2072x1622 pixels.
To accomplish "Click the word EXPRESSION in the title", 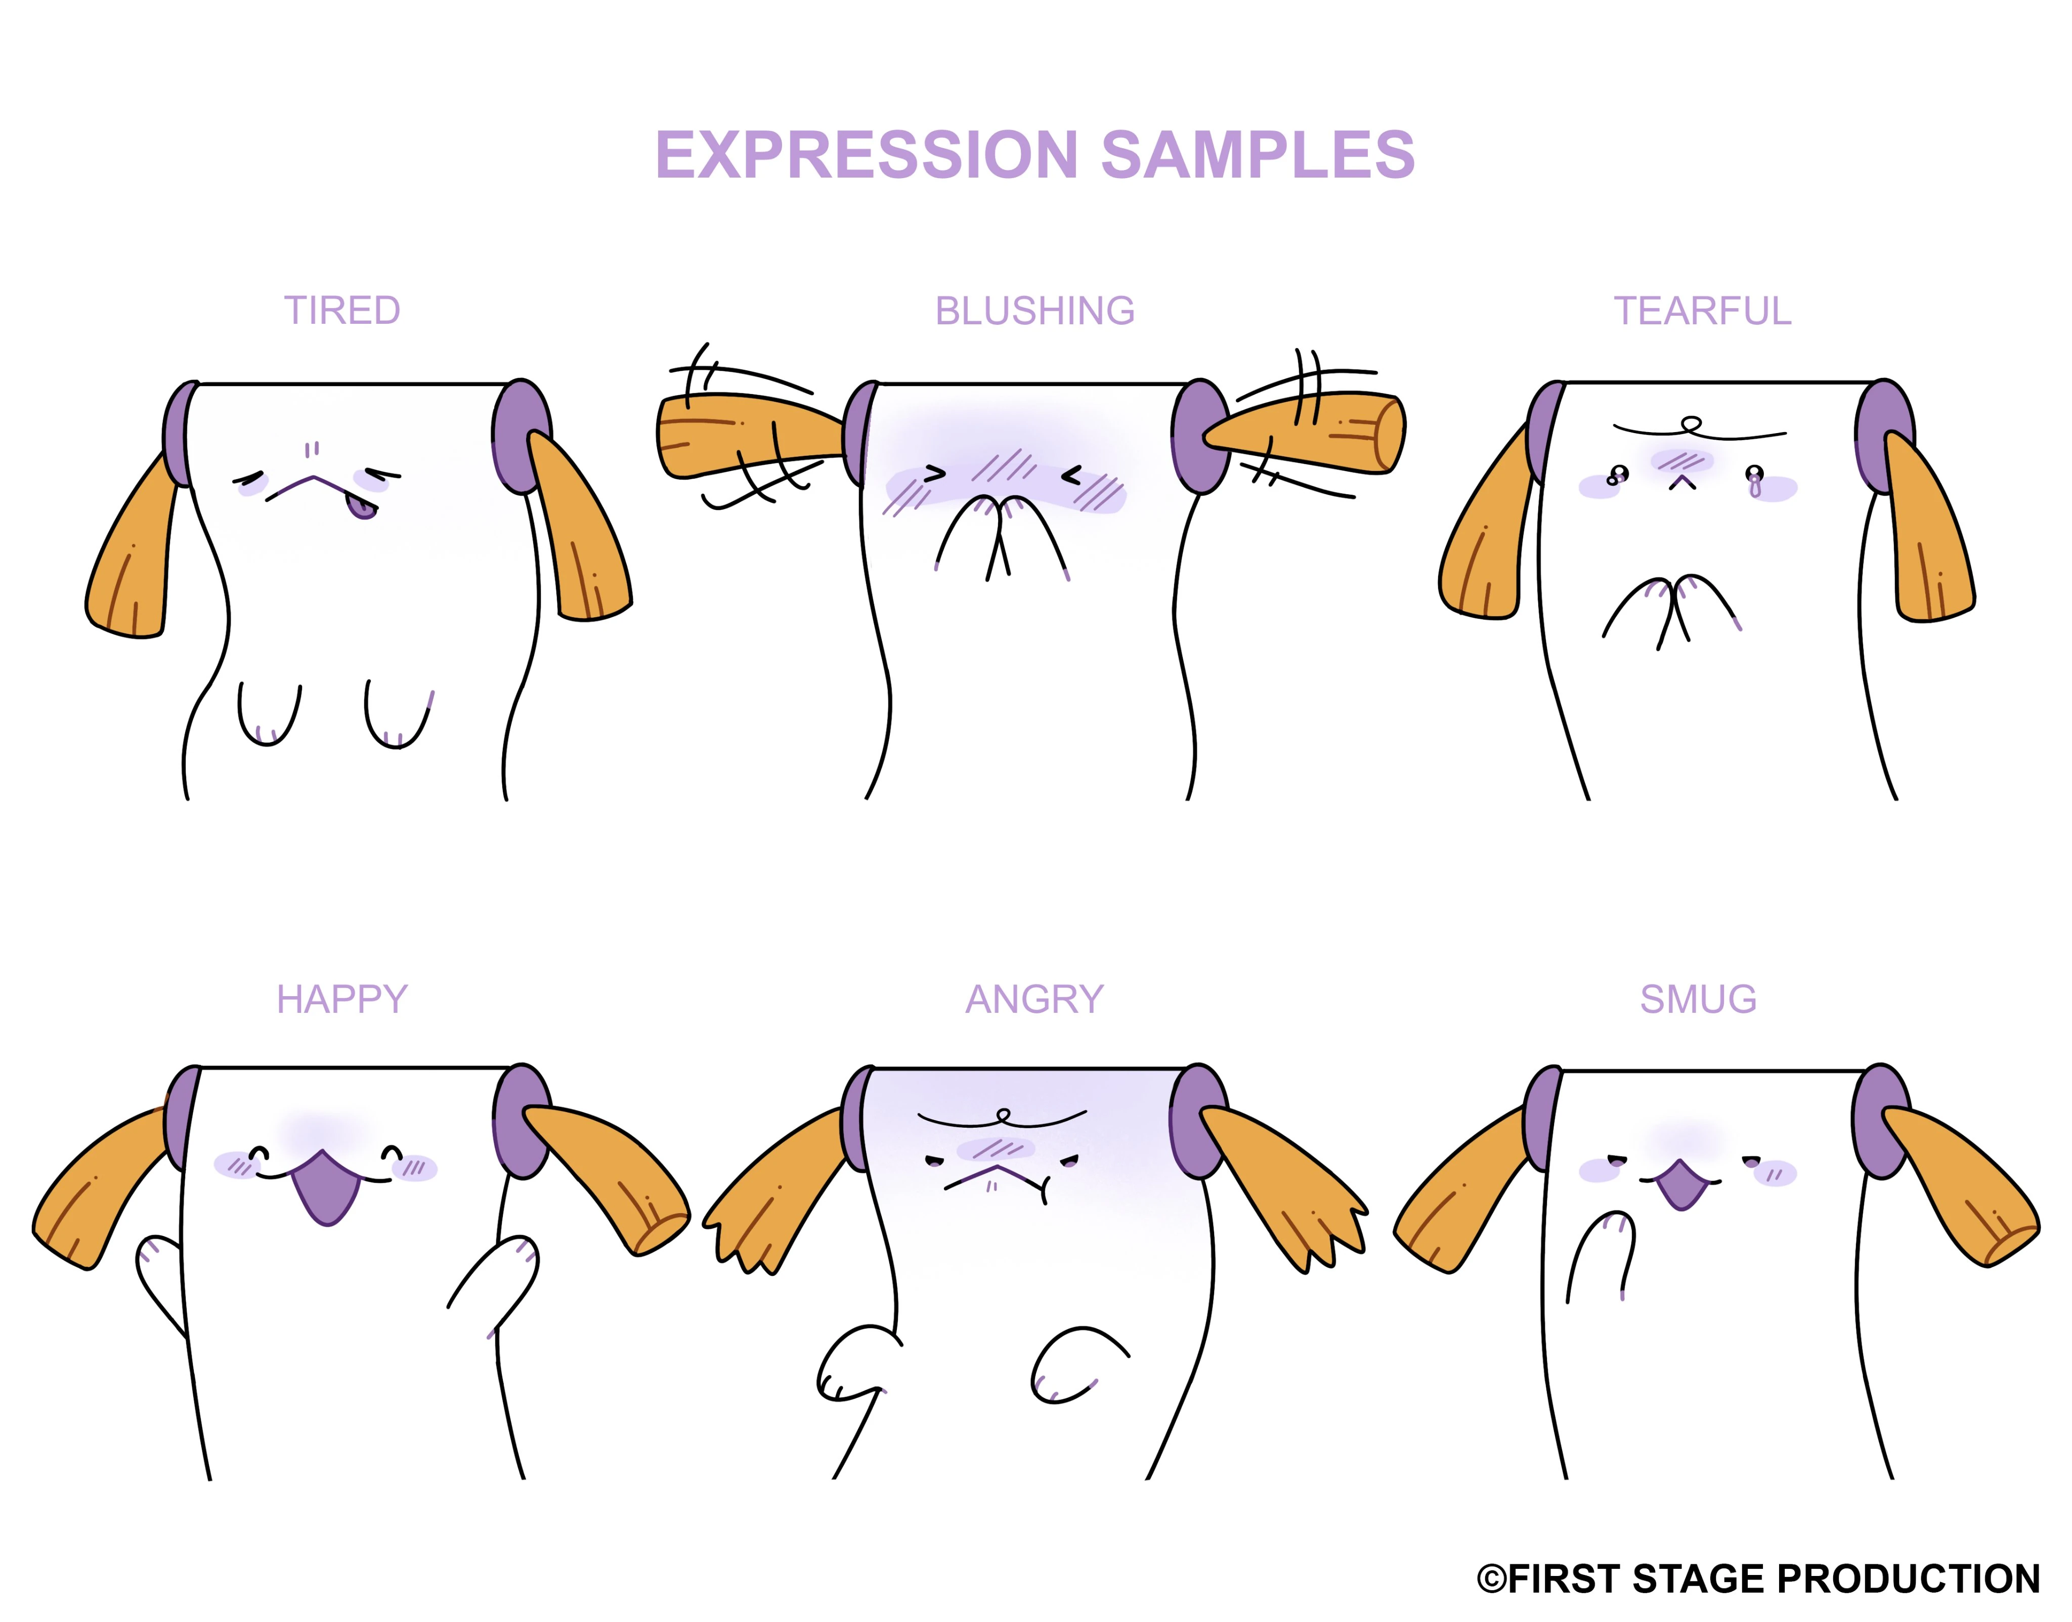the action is coord(867,155).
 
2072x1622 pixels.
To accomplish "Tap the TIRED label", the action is coord(343,311).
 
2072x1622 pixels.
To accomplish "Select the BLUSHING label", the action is coord(1035,311).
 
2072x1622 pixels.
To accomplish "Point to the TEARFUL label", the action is coord(1703,311).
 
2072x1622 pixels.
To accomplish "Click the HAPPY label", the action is coord(342,999).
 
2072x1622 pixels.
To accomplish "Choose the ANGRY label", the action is coord(1035,999).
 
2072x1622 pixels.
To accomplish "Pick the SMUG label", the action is coord(1699,999).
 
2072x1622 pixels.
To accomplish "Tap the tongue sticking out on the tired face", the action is coord(362,507).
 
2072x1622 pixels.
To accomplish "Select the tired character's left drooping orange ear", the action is coord(133,546).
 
